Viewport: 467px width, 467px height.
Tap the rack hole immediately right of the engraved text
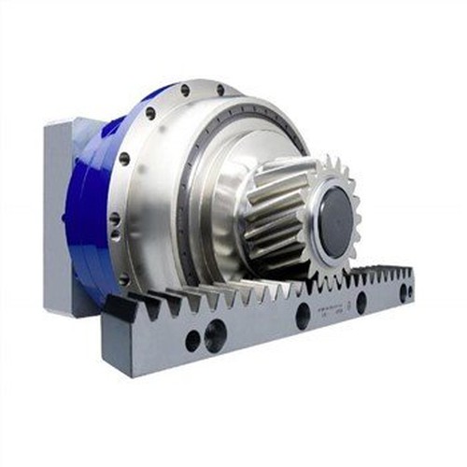pyautogui.click(x=361, y=303)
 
